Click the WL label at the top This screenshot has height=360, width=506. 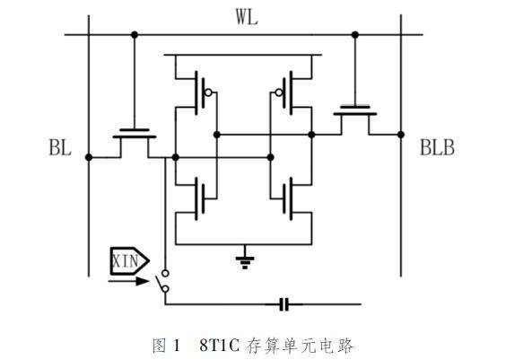(x=247, y=17)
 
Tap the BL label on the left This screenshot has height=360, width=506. (x=60, y=147)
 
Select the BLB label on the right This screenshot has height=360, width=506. (x=437, y=147)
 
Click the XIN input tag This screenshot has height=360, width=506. (x=130, y=261)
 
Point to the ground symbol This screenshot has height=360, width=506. (x=245, y=261)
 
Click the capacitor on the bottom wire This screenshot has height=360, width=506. (x=284, y=304)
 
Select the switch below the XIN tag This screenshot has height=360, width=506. (x=163, y=281)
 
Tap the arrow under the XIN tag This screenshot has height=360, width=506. (x=128, y=281)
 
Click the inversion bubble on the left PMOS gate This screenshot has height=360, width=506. (x=208, y=93)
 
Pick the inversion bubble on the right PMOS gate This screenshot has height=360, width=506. (x=278, y=93)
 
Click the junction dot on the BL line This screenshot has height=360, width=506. (x=89, y=157)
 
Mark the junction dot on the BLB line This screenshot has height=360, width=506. (x=401, y=135)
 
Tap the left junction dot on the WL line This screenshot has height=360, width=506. (x=135, y=34)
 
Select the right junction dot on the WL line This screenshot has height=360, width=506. (x=355, y=34)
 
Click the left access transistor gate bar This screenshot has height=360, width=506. (x=135, y=130)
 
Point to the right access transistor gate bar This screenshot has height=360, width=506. (x=355, y=107)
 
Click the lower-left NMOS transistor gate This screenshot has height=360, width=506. (x=204, y=199)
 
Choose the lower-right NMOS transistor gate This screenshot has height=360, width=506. (x=284, y=199)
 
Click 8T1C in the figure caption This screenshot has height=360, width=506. (x=220, y=346)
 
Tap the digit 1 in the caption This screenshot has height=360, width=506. (x=176, y=346)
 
